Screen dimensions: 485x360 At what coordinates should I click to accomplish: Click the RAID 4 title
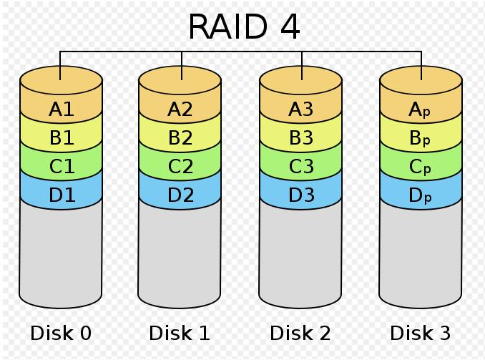pyautogui.click(x=244, y=27)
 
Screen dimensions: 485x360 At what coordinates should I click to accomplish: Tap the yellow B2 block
pyautogui.click(x=180, y=138)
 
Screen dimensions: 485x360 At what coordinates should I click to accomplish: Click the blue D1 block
pyautogui.click(x=61, y=195)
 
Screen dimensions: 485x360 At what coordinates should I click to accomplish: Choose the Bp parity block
pyautogui.click(x=421, y=138)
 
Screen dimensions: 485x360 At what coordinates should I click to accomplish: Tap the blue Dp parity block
pyautogui.click(x=421, y=195)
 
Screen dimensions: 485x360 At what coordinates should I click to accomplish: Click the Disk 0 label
pyautogui.click(x=61, y=333)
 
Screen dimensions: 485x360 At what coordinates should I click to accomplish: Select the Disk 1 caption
pyautogui.click(x=180, y=333)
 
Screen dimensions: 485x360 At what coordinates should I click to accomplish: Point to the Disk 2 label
pyautogui.click(x=300, y=333)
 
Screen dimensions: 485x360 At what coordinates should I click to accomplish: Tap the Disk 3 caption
pyautogui.click(x=421, y=333)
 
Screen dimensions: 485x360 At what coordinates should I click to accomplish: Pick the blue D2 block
pyautogui.click(x=180, y=195)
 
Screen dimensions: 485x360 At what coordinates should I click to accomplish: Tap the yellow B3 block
pyautogui.click(x=300, y=138)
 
